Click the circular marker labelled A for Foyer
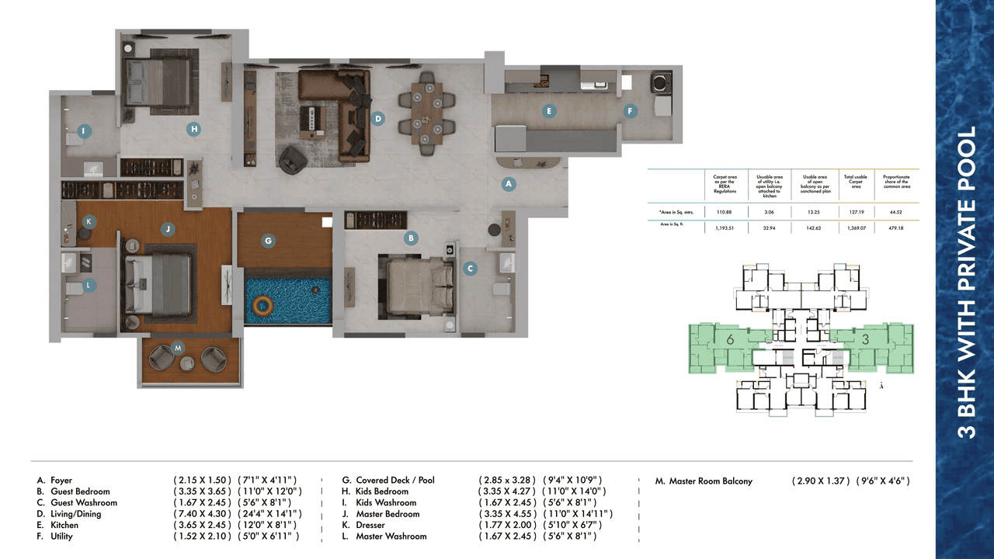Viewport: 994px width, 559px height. (509, 184)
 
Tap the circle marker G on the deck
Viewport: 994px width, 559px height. (268, 241)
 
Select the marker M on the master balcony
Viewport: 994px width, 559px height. (178, 347)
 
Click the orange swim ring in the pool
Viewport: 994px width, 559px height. (263, 304)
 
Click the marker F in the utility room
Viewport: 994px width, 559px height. (631, 111)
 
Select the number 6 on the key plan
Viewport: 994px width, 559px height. (730, 339)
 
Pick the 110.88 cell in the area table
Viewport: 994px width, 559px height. (725, 211)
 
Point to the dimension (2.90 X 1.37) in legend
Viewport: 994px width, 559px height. (821, 481)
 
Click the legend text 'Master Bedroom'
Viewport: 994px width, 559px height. (388, 514)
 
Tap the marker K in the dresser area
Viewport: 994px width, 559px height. (89, 221)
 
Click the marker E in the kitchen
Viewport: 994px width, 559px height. (548, 111)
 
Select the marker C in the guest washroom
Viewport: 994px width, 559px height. (469, 269)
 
